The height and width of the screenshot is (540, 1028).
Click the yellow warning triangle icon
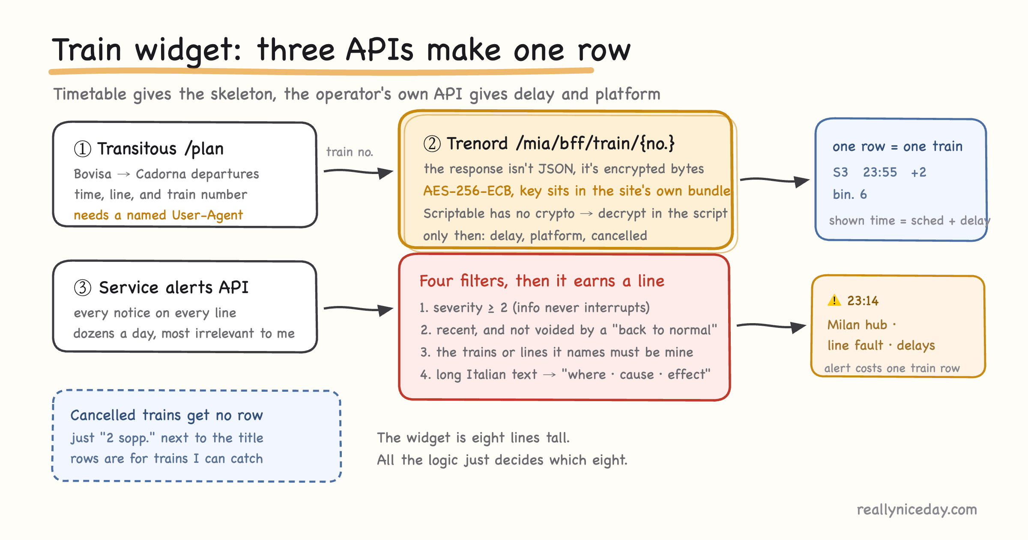pos(834,300)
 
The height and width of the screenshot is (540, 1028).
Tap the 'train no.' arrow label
pos(350,152)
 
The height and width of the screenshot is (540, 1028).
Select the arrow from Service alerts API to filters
pos(358,309)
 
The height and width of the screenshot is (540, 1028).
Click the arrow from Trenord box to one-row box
pos(774,180)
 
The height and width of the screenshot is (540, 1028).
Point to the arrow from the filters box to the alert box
pos(771,327)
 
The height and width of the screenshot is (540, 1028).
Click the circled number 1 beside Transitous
pos(83,149)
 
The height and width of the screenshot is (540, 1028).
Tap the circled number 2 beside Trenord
pos(432,144)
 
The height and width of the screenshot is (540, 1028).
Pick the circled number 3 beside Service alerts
pos(83,287)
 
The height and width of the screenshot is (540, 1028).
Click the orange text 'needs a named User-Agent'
pos(158,215)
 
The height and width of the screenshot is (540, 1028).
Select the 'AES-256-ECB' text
pos(468,191)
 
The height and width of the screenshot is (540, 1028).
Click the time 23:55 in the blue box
pos(880,172)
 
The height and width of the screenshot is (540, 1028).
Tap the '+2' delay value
pos(919,172)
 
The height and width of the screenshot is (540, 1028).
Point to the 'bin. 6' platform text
pos(850,195)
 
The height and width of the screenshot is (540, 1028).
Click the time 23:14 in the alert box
pos(863,301)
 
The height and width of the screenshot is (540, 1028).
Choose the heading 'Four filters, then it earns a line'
pos(542,281)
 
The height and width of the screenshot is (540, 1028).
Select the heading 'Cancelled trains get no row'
pos(167,415)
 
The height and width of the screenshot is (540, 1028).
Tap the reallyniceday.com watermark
pos(917,510)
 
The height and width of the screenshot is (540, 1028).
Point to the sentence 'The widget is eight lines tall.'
pos(473,438)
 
